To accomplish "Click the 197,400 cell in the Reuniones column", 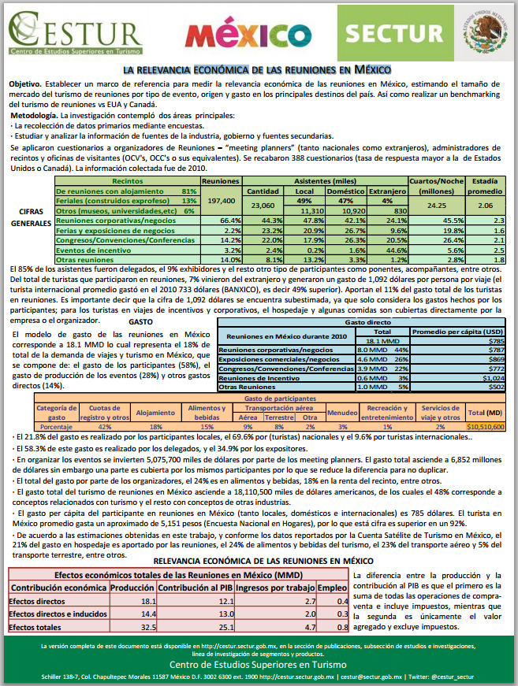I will click(220, 201).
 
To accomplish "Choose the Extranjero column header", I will click(387, 191).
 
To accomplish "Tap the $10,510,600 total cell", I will click(486, 425).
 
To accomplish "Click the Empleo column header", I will click(332, 588).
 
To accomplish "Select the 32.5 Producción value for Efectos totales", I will click(146, 627).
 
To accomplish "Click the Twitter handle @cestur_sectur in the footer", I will click(452, 676).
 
